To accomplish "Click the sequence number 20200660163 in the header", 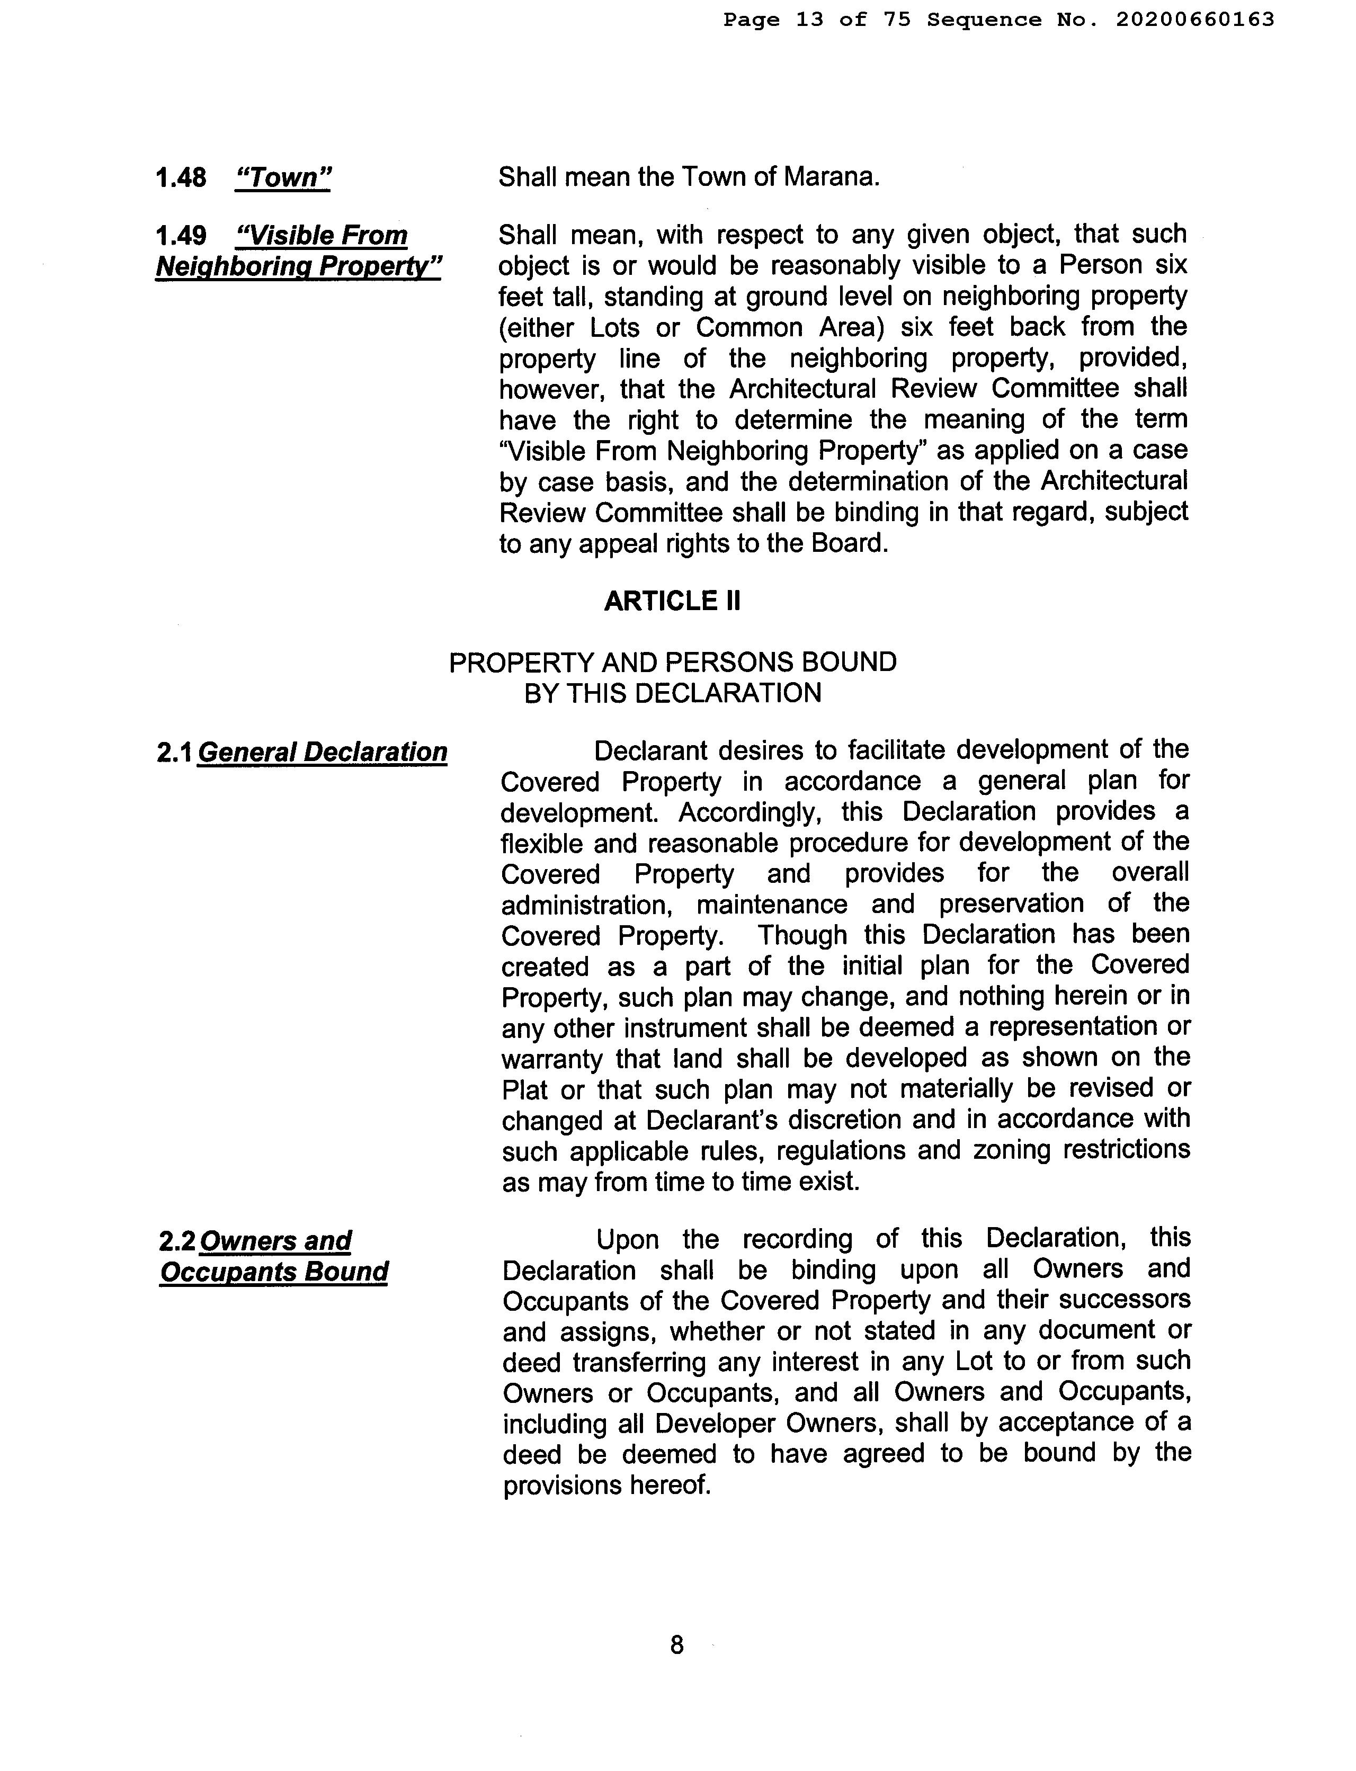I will tap(1194, 20).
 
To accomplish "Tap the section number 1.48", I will tap(181, 177).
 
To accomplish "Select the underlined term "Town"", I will tap(282, 177).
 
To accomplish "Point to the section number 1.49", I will tap(181, 236).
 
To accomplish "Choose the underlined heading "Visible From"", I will tap(321, 236).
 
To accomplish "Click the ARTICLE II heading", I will tap(672, 601).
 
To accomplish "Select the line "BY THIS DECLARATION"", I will tap(672, 693).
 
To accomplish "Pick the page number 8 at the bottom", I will tap(676, 1644).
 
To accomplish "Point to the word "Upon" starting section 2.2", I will tap(628, 1239).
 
